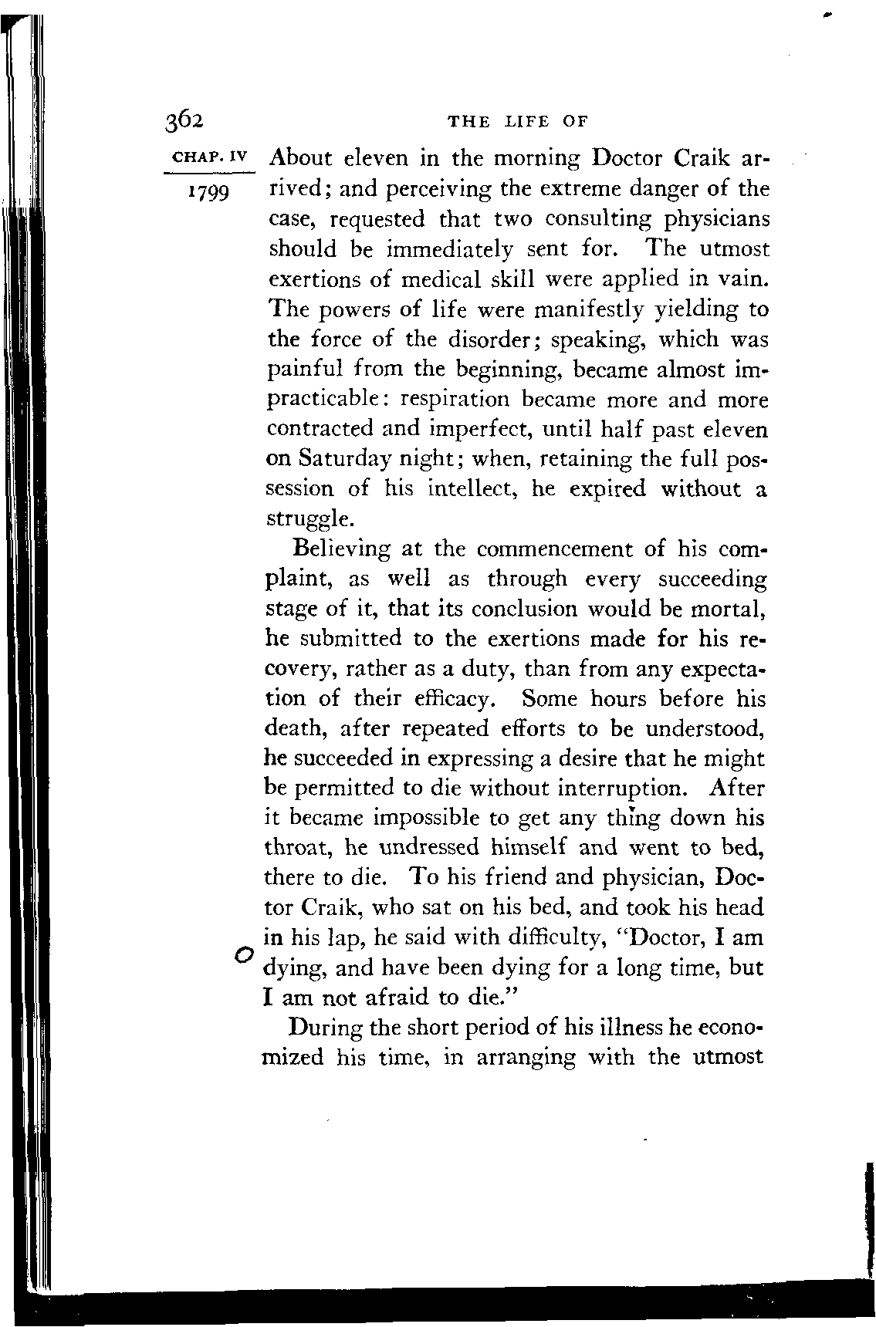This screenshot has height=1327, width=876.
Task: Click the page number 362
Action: pos(183,122)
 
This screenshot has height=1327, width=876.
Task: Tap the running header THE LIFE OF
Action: pos(518,122)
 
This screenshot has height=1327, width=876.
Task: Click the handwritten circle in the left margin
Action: pos(242,954)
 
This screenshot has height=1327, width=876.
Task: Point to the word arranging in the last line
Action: pos(526,1058)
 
